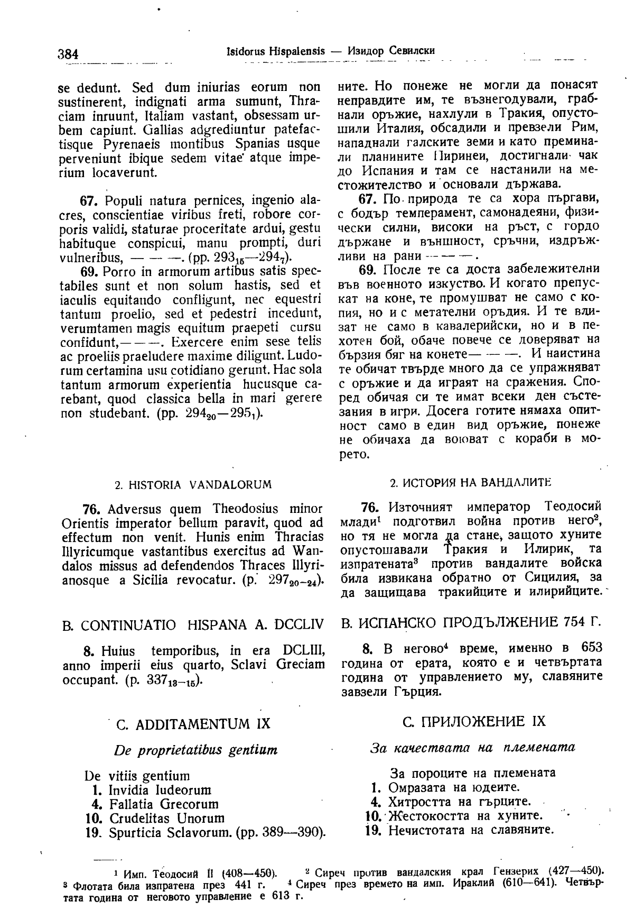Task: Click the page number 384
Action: [x=68, y=54]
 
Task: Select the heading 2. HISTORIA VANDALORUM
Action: [x=193, y=484]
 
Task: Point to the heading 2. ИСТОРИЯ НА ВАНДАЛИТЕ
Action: [x=470, y=483]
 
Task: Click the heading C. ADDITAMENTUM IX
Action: [x=192, y=723]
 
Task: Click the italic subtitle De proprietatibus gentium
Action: [x=195, y=750]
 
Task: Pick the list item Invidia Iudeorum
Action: [x=160, y=790]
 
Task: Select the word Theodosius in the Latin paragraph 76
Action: [x=245, y=509]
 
